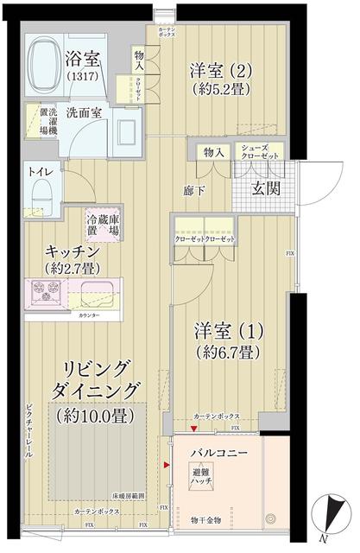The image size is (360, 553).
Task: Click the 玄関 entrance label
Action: click(x=265, y=189)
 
